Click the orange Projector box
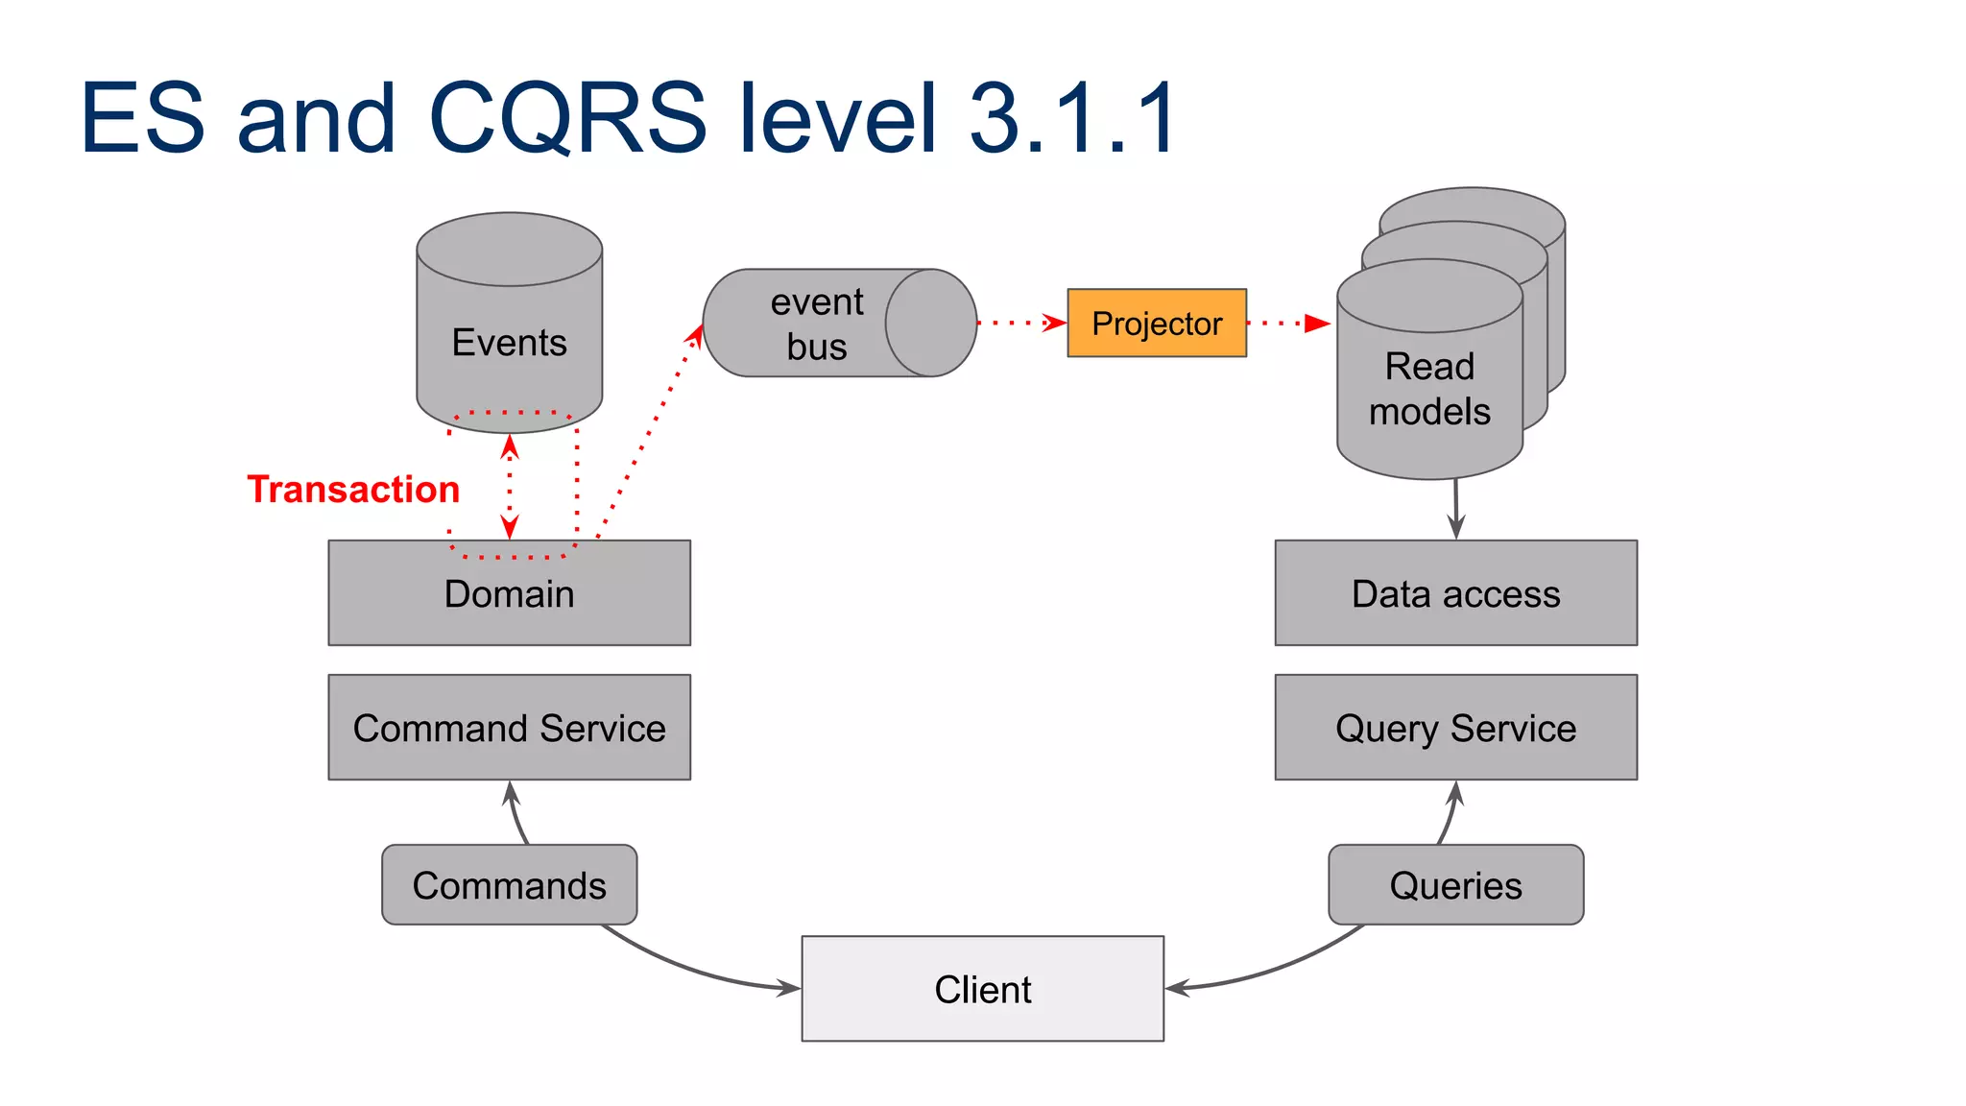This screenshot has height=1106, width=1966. (x=1156, y=324)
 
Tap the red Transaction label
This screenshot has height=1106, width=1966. (x=353, y=490)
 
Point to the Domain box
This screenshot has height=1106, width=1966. (x=509, y=594)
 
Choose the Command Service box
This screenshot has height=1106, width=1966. (x=509, y=728)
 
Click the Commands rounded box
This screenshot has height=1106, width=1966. (x=509, y=885)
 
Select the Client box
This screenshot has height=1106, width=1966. (x=982, y=989)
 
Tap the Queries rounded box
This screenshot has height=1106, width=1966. (x=1455, y=885)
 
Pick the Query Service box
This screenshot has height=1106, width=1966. (x=1455, y=728)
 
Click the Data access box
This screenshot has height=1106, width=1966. (x=1455, y=594)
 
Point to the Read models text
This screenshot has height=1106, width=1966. (x=1429, y=389)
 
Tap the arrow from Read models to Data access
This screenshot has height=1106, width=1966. (x=1456, y=510)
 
